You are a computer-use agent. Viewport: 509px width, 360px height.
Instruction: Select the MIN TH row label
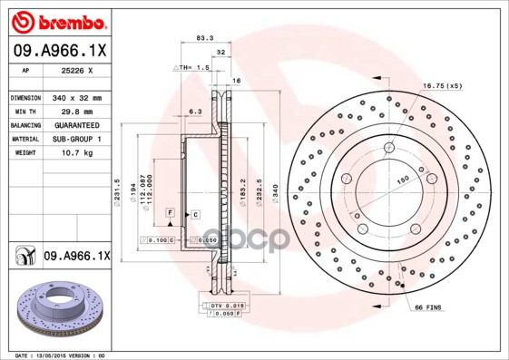point(24,111)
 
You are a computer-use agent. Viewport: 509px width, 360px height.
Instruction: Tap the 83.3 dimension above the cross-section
point(204,37)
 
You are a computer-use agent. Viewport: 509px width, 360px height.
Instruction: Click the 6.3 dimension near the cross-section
point(193,111)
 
